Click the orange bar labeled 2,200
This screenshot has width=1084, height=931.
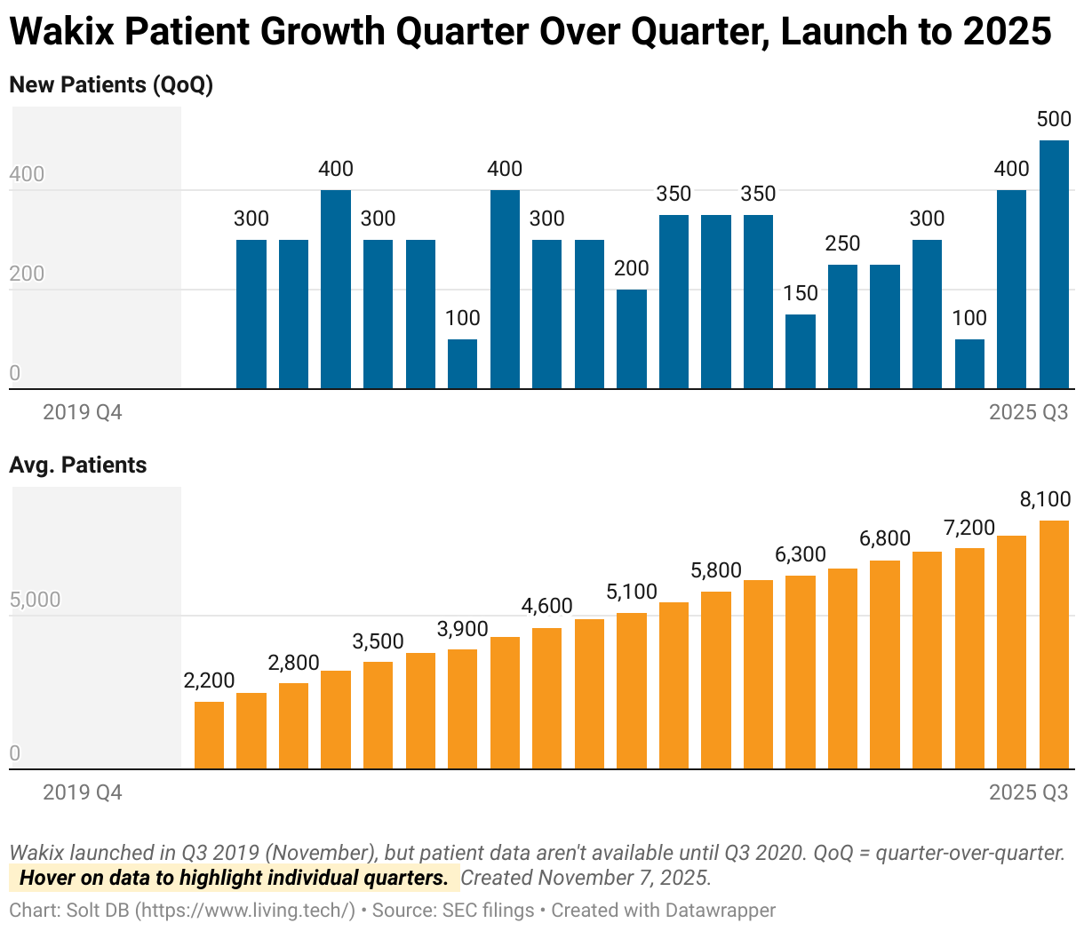click(x=209, y=735)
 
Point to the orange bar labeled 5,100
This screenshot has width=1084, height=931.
click(x=632, y=690)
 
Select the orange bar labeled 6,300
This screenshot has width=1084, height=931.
click(x=801, y=672)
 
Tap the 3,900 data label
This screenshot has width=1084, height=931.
click(x=463, y=629)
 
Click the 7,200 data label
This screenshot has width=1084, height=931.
click(x=969, y=528)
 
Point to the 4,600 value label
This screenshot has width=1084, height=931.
click(x=547, y=606)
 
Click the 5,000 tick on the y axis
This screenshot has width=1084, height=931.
click(x=35, y=600)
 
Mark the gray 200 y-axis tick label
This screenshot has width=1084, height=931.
click(x=27, y=274)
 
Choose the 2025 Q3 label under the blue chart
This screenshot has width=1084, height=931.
click(x=1029, y=412)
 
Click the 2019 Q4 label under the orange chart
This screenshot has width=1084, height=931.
click(x=83, y=792)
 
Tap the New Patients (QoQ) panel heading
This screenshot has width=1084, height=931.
click(x=111, y=85)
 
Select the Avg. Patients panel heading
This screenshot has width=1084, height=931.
click(x=78, y=465)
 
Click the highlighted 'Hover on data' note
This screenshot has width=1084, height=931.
click(x=234, y=879)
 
